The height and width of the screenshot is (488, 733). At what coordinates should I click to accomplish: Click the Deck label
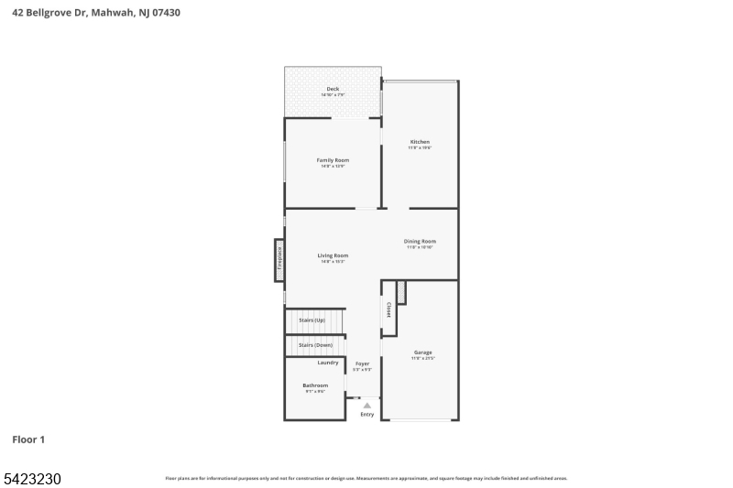point(333,89)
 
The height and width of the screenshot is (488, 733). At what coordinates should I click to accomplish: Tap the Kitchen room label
point(420,142)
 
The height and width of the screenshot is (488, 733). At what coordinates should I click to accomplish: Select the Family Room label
point(333,160)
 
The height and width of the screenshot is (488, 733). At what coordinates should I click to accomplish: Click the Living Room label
point(333,255)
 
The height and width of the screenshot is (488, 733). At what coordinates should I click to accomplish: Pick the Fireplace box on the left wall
point(279,259)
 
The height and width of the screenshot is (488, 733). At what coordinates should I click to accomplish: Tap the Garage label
point(422,352)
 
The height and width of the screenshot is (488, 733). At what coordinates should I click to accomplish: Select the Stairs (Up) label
point(312,320)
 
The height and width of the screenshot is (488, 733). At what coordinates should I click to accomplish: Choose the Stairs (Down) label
point(315,344)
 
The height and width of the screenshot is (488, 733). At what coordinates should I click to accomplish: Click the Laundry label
point(328,363)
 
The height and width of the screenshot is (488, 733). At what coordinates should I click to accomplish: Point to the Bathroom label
point(315,385)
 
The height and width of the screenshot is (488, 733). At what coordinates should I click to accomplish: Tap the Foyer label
point(363,363)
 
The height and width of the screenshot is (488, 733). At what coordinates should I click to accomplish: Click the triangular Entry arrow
point(367,405)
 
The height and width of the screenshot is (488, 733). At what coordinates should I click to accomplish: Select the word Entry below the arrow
point(367,415)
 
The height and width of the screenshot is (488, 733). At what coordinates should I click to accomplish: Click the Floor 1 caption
point(28,439)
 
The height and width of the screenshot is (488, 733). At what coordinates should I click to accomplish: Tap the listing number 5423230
point(32,478)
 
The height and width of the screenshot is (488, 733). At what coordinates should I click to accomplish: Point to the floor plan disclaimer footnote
point(366,478)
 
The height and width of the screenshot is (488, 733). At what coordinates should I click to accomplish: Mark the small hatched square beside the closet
point(401,292)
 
